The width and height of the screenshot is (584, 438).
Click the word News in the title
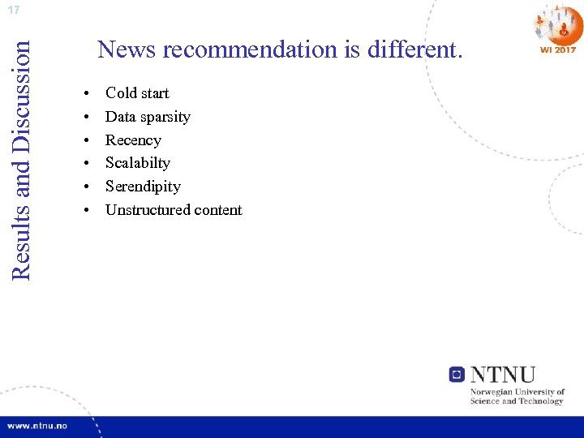[127, 50]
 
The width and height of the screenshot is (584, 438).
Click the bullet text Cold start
[137, 93]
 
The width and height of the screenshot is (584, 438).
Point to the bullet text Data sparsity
[148, 117]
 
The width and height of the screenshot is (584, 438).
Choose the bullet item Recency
[133, 140]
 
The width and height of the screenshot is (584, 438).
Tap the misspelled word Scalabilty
[138, 163]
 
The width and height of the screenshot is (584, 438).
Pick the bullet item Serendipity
[143, 187]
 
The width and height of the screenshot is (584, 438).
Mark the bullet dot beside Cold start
[87, 94]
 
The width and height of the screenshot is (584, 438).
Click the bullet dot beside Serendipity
[87, 187]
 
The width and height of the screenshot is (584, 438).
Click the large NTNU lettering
[503, 375]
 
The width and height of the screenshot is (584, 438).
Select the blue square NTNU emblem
[457, 375]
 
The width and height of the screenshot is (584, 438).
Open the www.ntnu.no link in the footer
[37, 426]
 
